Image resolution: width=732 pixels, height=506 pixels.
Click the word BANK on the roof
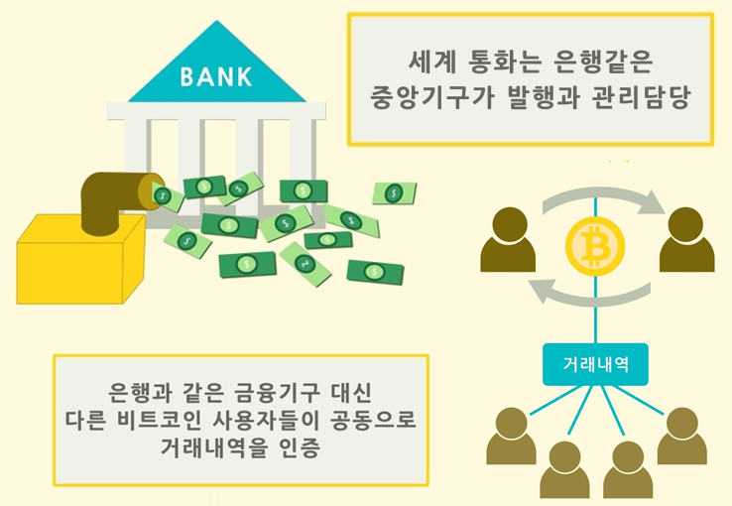(216, 75)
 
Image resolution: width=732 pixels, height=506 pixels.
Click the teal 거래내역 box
(593, 365)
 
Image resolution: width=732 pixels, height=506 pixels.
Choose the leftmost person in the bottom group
(511, 438)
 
